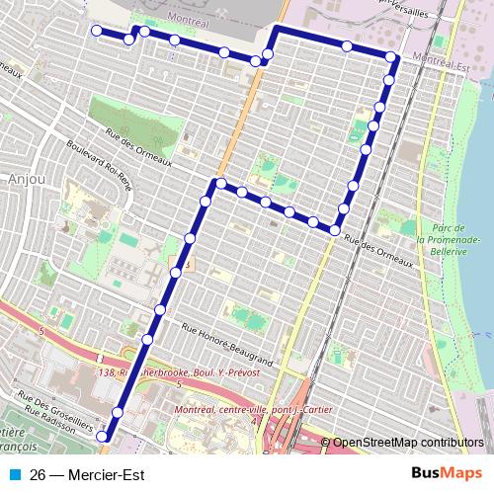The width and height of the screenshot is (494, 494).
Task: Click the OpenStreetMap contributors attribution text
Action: coord(410,443)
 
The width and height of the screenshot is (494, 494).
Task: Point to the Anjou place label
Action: coord(23,179)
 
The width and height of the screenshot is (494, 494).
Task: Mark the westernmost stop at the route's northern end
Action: coord(97,31)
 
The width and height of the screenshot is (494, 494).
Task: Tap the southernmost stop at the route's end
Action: coord(105,434)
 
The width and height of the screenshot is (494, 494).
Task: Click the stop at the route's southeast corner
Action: coord(335,230)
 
